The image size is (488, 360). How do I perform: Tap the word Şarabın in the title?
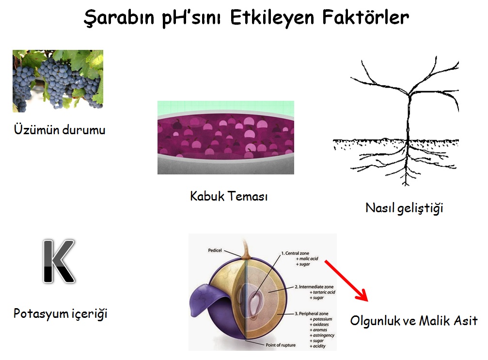pyautogui.click(x=119, y=18)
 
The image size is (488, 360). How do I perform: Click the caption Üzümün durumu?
pyautogui.click(x=60, y=129)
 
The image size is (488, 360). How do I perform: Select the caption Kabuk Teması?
pyautogui.click(x=229, y=196)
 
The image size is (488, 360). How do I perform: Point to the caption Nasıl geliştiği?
pyautogui.click(x=404, y=208)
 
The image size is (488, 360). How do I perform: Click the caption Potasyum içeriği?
pyautogui.click(x=61, y=313)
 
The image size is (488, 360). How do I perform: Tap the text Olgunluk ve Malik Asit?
pyautogui.click(x=414, y=320)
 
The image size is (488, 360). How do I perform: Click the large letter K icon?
pyautogui.click(x=59, y=261)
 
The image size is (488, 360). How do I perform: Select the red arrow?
pyautogui.click(x=346, y=281)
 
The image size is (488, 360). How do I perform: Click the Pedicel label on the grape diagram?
pyautogui.click(x=215, y=250)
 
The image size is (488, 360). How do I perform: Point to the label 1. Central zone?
pyautogui.click(x=295, y=253)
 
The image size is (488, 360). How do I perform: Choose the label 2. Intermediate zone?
pyautogui.click(x=314, y=286)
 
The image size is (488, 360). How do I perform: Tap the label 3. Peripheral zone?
pyautogui.click(x=312, y=313)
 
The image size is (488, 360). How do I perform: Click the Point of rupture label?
pyautogui.click(x=281, y=345)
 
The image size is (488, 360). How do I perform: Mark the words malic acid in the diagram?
pyautogui.click(x=308, y=259)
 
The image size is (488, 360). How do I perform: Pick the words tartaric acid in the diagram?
pyautogui.click(x=324, y=292)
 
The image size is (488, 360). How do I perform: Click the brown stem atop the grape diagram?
pyautogui.click(x=246, y=249)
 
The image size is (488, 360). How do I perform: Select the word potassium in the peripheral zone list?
pyautogui.click(x=322, y=319)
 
